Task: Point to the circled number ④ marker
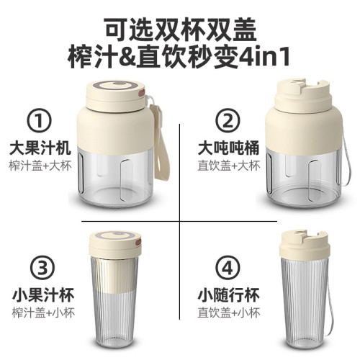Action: pos(228,268)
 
